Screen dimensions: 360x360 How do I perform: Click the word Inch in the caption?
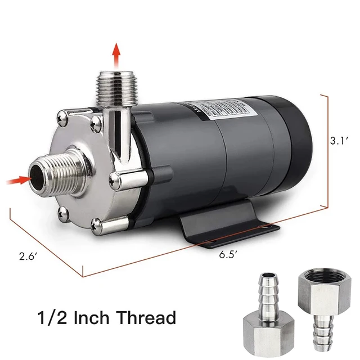pyautogui.click(x=91, y=318)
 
